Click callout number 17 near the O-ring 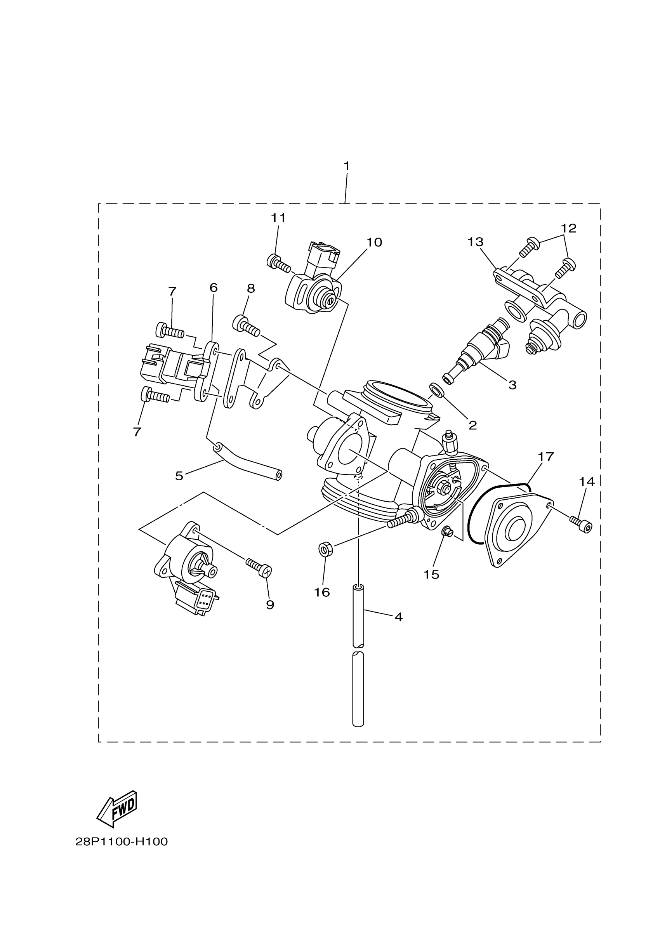pos(546,457)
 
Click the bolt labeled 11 pos(278,263)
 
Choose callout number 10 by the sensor pos(374,242)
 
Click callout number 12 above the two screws pos(568,228)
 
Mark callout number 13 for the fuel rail pos(475,242)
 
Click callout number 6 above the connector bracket pos(214,288)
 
